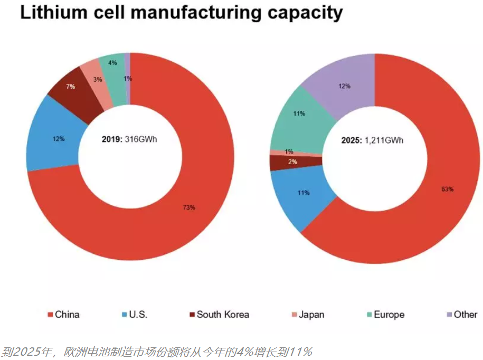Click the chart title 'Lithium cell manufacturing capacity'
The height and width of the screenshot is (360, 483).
pos(181,13)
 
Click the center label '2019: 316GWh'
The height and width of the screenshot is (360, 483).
pos(130,140)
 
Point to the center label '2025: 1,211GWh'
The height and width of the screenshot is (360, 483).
pos(373,141)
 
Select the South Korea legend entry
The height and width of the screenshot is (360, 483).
pos(219,315)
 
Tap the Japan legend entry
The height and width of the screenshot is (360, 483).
pos(307,315)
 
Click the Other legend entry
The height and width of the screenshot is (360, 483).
pos(461,315)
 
